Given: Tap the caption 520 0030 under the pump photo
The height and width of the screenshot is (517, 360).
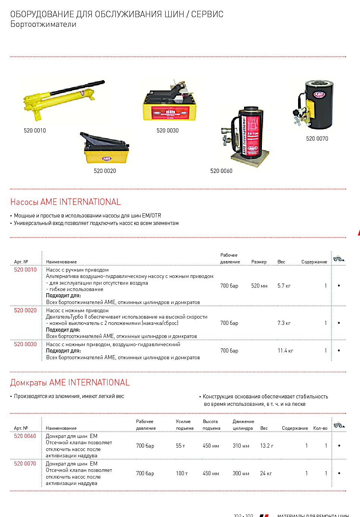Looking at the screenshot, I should tap(168, 131).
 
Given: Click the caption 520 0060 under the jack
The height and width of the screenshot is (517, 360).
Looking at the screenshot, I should tap(221, 171).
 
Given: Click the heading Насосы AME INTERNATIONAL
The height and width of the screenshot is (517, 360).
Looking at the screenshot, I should tap(66, 202).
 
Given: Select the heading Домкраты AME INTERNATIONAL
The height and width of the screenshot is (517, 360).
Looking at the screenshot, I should tap(70, 383).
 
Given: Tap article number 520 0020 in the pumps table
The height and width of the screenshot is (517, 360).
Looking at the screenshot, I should tap(25, 310).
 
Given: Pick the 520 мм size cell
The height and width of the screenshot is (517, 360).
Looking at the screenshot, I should tap(259, 286).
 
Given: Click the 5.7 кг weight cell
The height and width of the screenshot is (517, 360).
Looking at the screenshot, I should tap(284, 286).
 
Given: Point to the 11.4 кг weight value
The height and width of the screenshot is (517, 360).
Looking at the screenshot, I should tap(285, 351).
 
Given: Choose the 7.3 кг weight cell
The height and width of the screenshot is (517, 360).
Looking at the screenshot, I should tap(284, 323).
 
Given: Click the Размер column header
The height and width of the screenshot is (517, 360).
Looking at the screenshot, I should tap(259, 262).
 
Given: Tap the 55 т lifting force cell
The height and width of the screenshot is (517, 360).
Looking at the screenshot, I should tap(181, 446).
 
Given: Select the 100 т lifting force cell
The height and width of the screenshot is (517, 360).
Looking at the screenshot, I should tap(182, 473).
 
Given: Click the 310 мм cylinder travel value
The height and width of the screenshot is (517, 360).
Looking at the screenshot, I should tap(241, 446).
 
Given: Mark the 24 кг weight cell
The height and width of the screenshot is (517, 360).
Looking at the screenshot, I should tap(266, 473).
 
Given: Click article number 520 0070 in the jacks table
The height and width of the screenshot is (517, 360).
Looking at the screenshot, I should tap(25, 464).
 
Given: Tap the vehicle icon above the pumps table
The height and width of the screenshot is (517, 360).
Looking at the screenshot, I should tap(339, 258).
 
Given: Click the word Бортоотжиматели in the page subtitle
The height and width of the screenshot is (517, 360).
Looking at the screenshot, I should tap(43, 25).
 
